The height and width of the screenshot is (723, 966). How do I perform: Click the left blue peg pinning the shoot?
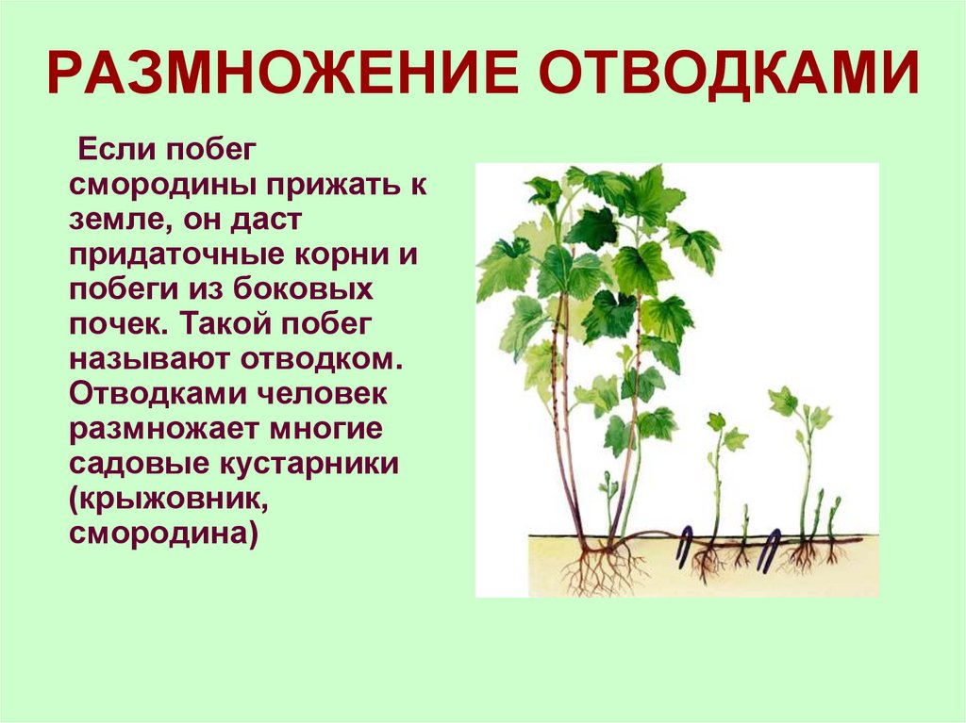tap(687, 546)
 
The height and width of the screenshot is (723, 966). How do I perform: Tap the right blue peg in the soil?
tap(771, 548)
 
